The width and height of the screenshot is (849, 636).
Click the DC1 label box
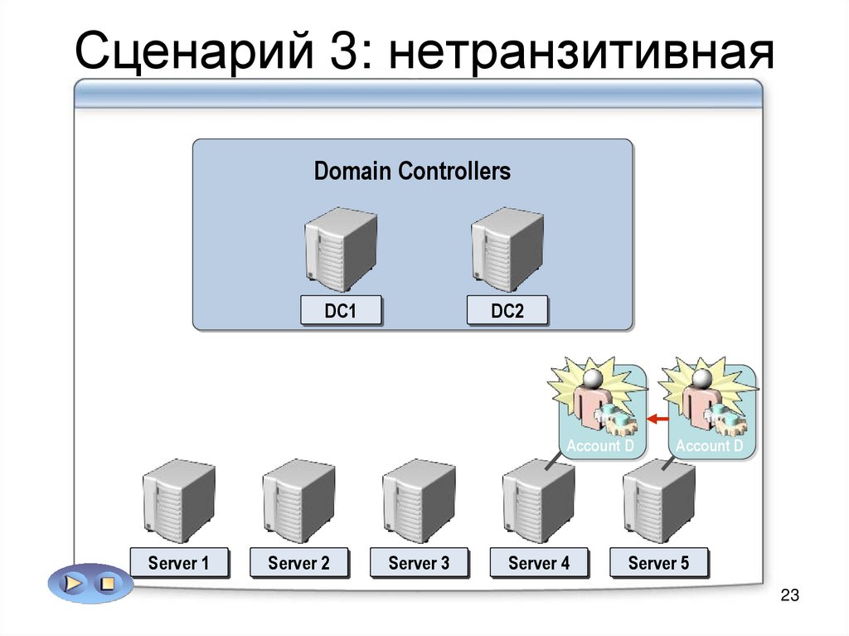(341, 311)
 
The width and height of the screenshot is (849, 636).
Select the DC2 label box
(507, 311)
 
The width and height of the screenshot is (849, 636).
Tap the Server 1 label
(178, 564)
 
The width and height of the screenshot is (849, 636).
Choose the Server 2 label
(298, 564)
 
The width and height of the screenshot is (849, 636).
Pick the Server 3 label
(419, 564)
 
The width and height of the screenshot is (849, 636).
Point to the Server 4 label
(539, 564)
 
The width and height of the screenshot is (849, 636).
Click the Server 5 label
(658, 564)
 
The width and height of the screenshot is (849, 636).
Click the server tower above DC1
(340, 247)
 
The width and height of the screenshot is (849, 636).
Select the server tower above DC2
(507, 247)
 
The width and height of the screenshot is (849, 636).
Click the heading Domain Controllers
(412, 172)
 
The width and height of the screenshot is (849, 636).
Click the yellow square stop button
(106, 584)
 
